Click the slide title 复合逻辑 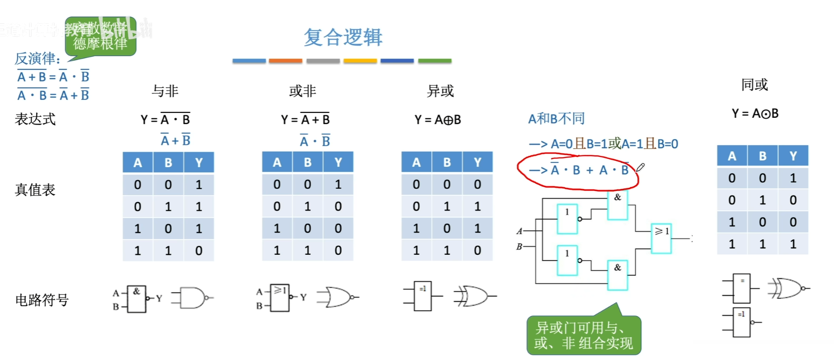[x=343, y=37]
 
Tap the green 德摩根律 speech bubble [x=100, y=37]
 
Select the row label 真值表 [x=35, y=190]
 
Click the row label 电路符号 [x=42, y=300]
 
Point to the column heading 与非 [x=165, y=91]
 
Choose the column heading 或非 [x=303, y=91]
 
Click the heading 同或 [x=755, y=85]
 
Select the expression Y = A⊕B [x=438, y=120]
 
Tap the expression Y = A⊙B [x=755, y=113]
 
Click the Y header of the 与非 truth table [x=199, y=163]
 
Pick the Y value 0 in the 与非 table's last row [x=199, y=250]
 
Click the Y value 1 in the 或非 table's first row [x=338, y=185]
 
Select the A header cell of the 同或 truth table [x=732, y=156]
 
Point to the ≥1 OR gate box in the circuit [x=661, y=238]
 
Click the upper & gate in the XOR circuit [x=618, y=205]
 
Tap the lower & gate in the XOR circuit [x=618, y=275]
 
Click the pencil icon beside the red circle [x=640, y=168]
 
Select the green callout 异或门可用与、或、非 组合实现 [x=584, y=335]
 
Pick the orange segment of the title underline [x=285, y=61]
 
